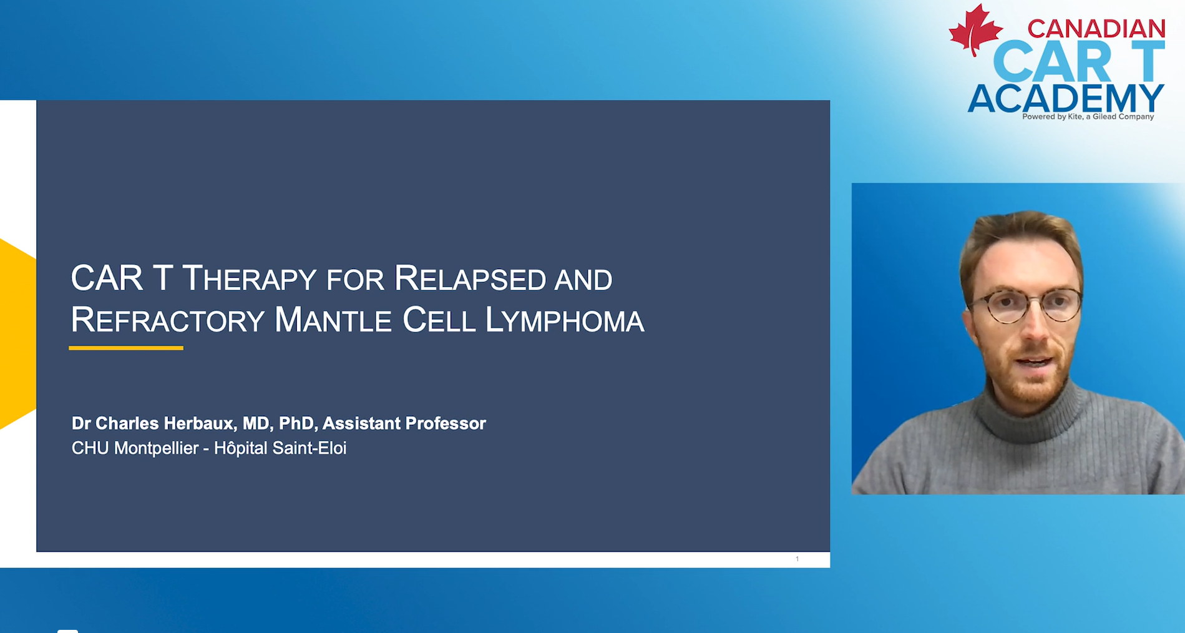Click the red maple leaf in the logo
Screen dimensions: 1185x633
(x=975, y=29)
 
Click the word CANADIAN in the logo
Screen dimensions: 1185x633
(x=1096, y=29)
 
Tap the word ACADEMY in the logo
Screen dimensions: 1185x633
(x=1066, y=98)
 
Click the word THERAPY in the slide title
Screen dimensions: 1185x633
(x=249, y=278)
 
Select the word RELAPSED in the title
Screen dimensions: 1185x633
(x=470, y=278)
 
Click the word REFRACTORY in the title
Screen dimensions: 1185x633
(x=168, y=320)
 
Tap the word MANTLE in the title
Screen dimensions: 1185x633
(x=333, y=320)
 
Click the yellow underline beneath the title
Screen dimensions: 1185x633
(x=126, y=348)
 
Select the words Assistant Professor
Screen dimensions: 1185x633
(x=404, y=423)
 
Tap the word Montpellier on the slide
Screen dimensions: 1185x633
(x=156, y=448)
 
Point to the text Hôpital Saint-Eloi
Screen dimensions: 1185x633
(x=280, y=448)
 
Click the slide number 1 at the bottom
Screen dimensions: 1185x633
(x=797, y=559)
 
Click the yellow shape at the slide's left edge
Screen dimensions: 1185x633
(x=17, y=333)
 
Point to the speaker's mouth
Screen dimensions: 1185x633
(x=1034, y=362)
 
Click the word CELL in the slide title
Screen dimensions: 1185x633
(x=439, y=320)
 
